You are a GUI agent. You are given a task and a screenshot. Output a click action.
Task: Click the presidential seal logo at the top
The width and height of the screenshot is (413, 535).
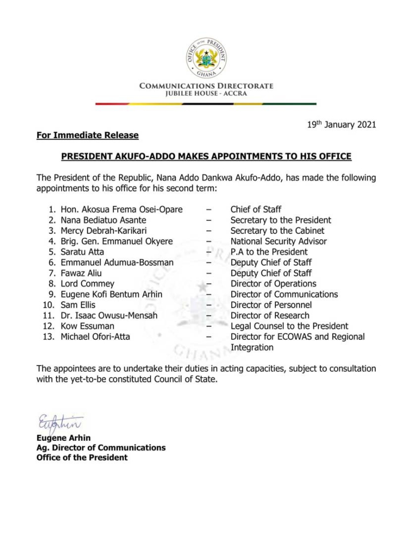[206, 54]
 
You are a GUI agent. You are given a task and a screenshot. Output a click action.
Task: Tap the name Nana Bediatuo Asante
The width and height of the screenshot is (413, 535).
[103, 220]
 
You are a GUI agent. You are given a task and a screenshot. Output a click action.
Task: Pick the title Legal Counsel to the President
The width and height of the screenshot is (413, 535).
[289, 326]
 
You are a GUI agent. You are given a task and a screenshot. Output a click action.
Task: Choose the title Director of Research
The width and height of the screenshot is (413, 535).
[270, 316]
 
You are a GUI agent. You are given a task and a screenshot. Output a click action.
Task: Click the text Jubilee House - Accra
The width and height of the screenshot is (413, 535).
[206, 94]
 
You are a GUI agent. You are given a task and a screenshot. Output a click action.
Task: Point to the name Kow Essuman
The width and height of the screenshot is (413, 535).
[88, 326]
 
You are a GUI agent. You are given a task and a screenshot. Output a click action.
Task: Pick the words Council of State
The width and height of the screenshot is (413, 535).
[179, 379]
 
